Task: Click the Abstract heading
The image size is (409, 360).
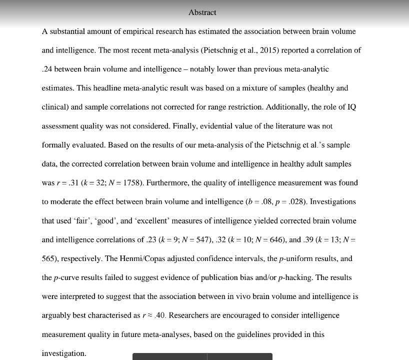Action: [202, 12]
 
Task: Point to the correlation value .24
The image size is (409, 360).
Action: [47, 69]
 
